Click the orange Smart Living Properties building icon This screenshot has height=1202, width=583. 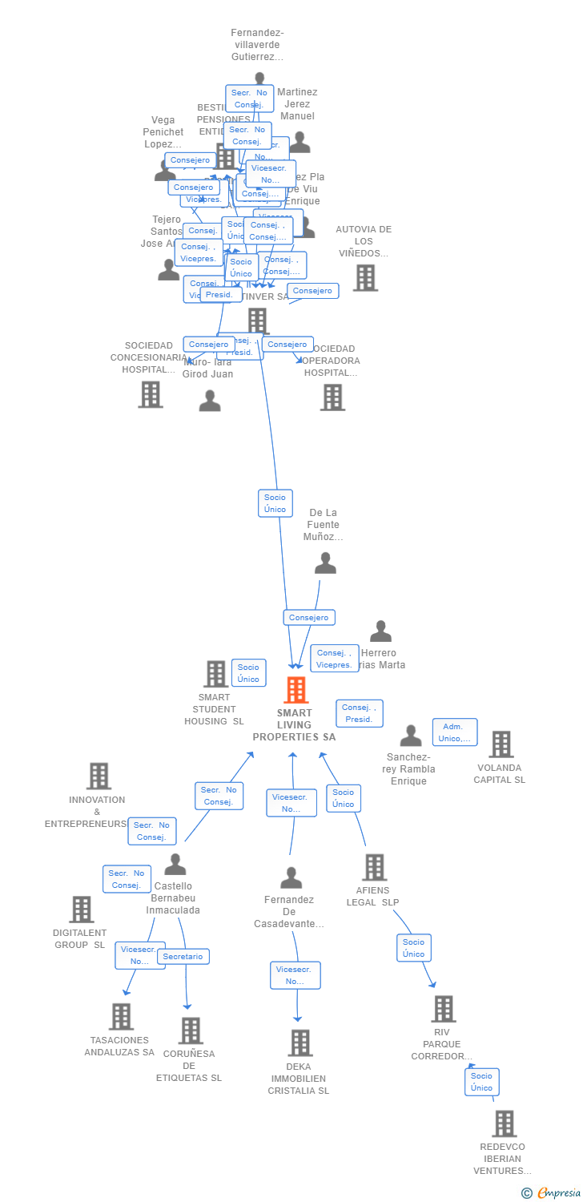click(x=296, y=690)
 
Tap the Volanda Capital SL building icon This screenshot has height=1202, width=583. click(x=501, y=744)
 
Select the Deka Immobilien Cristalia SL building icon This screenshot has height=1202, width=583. click(x=300, y=1043)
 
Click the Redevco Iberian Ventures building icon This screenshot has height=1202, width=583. click(x=504, y=1123)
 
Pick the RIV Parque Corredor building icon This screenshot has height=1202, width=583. click(x=444, y=1009)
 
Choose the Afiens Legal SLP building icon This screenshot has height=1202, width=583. click(x=374, y=867)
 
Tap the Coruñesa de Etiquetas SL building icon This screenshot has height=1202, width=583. click(x=191, y=1031)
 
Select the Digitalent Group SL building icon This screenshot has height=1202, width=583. click(x=81, y=910)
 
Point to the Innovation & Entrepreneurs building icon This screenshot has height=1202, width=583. click(x=99, y=776)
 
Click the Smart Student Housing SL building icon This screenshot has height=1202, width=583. click(x=215, y=674)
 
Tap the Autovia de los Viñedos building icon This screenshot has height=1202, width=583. click(x=365, y=277)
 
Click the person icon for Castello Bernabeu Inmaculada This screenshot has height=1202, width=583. click(x=175, y=865)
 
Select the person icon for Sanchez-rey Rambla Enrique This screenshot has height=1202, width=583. click(x=411, y=736)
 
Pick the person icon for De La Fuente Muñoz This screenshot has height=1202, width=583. click(x=325, y=563)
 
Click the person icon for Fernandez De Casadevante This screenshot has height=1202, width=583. click(x=291, y=878)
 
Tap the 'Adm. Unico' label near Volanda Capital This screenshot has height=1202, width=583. click(x=455, y=732)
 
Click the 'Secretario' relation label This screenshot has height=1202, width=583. click(x=183, y=956)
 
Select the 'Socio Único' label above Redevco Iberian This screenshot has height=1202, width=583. click(x=481, y=1082)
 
